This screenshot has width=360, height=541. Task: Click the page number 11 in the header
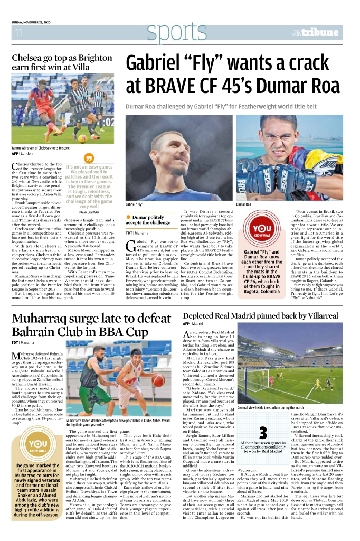pos(18,33)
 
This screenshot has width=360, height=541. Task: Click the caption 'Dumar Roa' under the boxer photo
pos(243,204)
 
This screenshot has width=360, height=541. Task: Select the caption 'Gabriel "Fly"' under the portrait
pos(134,204)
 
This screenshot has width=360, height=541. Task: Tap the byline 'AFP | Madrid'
pos(193,323)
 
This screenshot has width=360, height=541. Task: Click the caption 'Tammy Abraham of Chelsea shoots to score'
pos(40,148)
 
